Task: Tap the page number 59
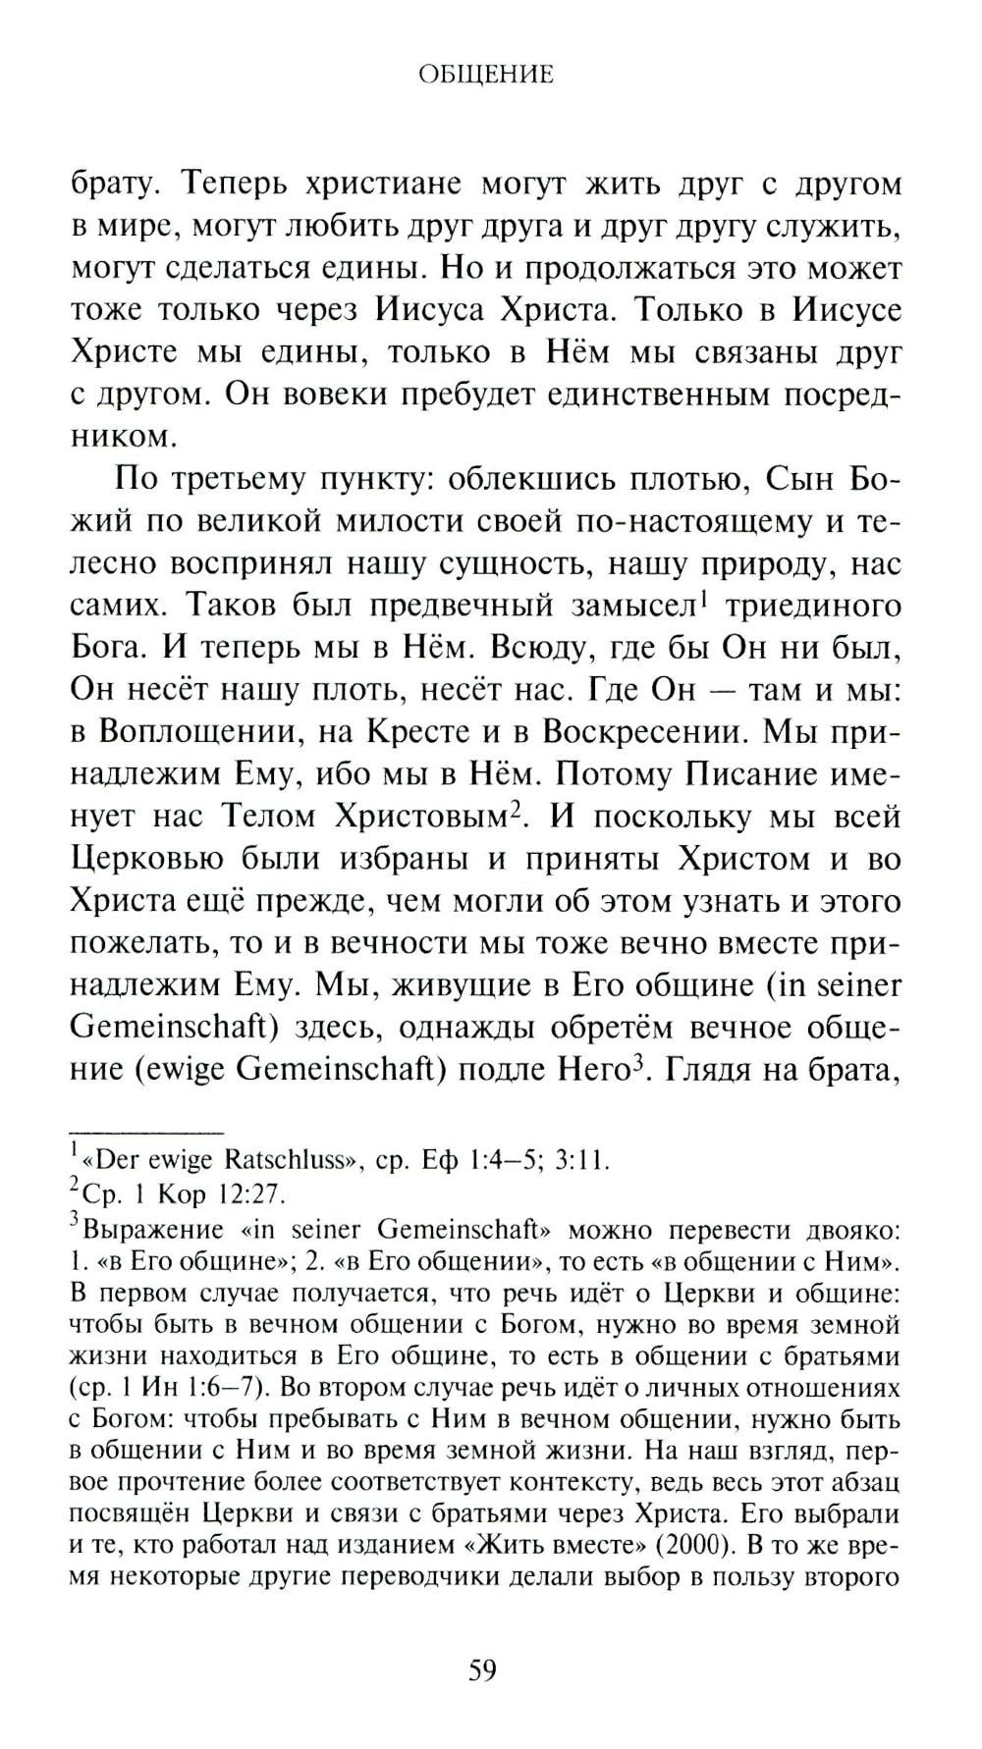pyautogui.click(x=482, y=1669)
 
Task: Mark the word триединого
pyautogui.click(x=812, y=606)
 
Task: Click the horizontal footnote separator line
pyautogui.click(x=148, y=1133)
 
